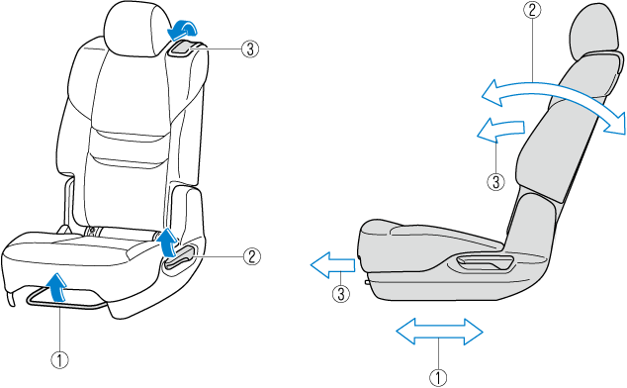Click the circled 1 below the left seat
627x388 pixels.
click(x=61, y=358)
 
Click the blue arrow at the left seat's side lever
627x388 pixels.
click(x=166, y=242)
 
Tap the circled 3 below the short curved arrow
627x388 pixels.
click(x=496, y=180)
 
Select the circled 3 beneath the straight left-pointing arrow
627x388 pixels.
click(x=340, y=293)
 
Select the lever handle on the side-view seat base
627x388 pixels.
click(x=482, y=261)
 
